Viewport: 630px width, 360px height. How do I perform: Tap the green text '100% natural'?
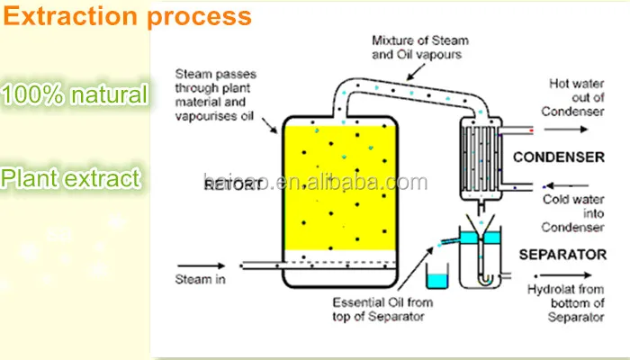pos(74,94)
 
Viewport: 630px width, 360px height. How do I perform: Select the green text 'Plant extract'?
pos(71,178)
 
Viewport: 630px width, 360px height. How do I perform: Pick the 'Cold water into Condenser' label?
pos(571,213)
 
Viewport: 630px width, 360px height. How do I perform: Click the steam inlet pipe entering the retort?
pos(261,265)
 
